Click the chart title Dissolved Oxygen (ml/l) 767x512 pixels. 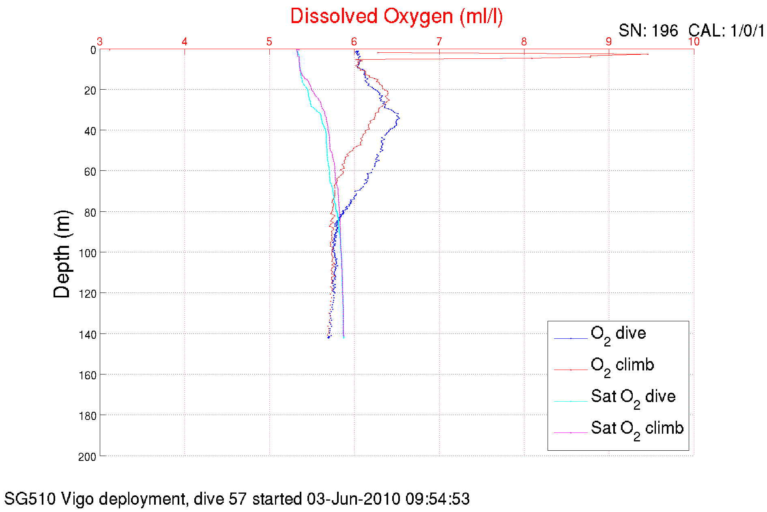(396, 17)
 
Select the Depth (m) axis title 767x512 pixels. (62, 254)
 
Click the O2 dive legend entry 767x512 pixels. (618, 334)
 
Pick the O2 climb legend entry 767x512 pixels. (622, 366)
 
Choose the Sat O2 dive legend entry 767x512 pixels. (633, 397)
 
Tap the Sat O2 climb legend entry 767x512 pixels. (637, 428)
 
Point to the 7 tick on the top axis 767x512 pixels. (439, 41)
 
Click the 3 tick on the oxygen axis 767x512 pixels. (100, 41)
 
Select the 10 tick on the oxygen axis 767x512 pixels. (694, 41)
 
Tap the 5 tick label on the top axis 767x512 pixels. (269, 41)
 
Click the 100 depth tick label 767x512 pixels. (87, 253)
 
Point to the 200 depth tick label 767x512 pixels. (87, 457)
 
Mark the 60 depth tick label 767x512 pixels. (90, 172)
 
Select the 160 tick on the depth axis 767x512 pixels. (87, 375)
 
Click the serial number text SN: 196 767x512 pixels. (648, 31)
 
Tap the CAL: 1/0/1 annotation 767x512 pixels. (726, 31)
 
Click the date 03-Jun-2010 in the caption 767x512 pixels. (354, 499)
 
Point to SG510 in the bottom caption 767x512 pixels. (30, 499)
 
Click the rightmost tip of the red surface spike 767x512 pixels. (648, 54)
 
